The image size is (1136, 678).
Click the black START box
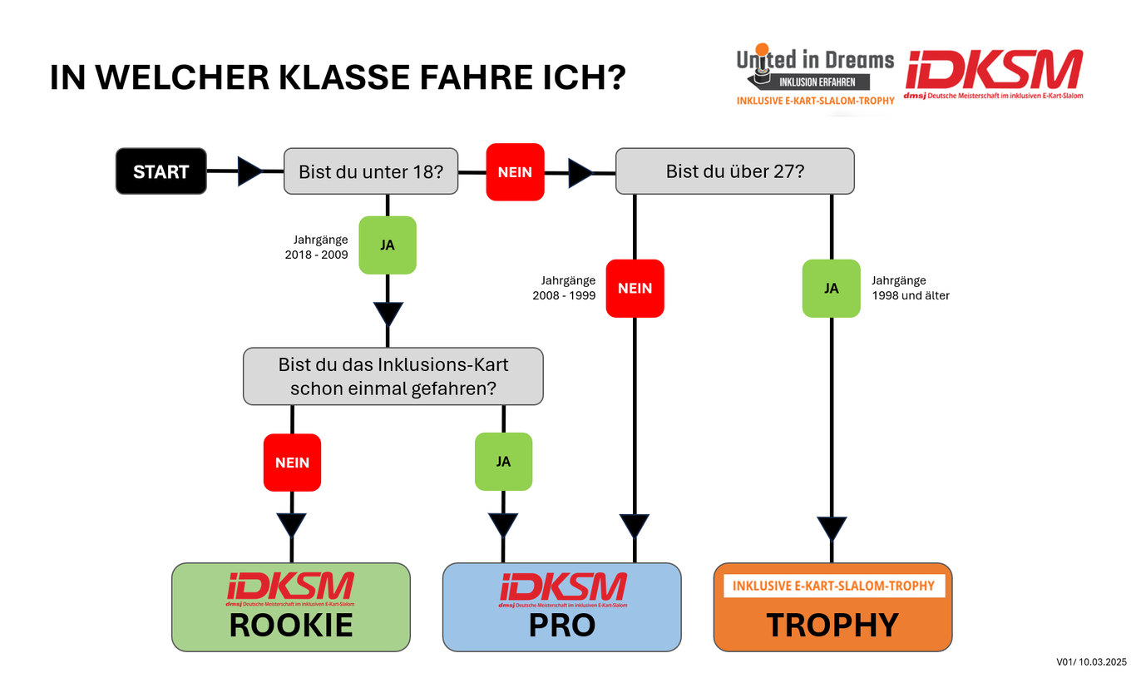tap(161, 171)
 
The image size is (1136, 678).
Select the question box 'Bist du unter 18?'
tap(371, 171)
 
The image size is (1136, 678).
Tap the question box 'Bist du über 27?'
tap(734, 171)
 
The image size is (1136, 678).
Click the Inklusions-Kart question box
tap(393, 376)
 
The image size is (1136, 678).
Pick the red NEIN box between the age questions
tap(515, 172)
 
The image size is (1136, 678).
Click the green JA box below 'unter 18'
tap(388, 245)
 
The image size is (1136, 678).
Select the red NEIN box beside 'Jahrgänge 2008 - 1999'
tap(635, 288)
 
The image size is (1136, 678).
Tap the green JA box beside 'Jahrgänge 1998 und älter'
tap(831, 288)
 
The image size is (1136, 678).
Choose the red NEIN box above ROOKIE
tap(292, 462)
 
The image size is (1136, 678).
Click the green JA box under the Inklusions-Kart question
tap(503, 461)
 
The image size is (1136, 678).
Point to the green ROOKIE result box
tap(291, 606)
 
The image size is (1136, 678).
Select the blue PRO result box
tap(561, 606)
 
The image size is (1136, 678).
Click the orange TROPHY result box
tap(832, 606)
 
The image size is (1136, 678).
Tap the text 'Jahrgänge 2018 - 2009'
tap(317, 247)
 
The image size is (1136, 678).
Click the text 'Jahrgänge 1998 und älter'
tap(910, 288)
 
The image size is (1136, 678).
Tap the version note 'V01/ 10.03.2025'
tap(1090, 661)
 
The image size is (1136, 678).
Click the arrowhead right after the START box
tap(249, 171)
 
